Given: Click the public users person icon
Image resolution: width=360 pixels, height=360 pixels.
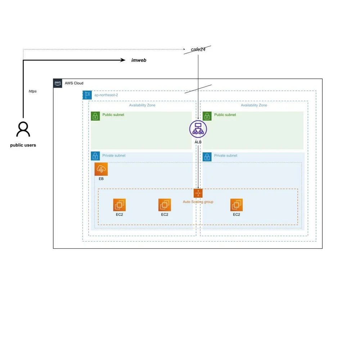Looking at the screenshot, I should [23, 129].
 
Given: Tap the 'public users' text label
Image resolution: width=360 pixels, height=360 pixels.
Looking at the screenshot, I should [23, 145].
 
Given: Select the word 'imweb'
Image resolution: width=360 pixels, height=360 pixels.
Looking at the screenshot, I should [139, 60].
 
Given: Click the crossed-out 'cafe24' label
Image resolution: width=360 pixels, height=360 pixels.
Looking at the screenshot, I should [198, 50].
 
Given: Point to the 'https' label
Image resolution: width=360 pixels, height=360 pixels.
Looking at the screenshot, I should [33, 91].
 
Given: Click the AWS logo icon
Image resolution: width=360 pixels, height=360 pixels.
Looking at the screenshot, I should [58, 83].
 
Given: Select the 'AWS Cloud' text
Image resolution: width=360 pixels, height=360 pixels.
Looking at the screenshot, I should [74, 83].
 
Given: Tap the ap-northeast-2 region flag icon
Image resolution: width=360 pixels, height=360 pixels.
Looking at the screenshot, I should [87, 95].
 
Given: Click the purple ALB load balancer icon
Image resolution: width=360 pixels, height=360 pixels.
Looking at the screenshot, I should [198, 129].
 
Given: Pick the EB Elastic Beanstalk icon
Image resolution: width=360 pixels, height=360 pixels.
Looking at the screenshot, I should [101, 169].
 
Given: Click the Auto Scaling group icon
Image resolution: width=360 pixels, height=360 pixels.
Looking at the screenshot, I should [198, 193].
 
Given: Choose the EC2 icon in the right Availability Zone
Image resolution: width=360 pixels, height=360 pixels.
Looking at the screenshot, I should [237, 205].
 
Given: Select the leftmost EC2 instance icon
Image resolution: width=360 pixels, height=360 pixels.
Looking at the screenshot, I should [119, 205].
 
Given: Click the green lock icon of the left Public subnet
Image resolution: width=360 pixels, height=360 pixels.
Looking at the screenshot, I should [95, 116].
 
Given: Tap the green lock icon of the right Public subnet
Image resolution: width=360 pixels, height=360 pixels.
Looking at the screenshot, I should [207, 116].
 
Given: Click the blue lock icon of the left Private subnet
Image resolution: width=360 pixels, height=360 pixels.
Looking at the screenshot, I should [95, 156].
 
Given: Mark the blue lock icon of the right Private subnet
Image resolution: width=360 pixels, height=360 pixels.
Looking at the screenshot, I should [207, 157].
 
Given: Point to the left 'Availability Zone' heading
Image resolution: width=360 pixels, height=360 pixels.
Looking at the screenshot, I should [142, 105].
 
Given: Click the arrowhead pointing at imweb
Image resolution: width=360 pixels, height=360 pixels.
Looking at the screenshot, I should [123, 60].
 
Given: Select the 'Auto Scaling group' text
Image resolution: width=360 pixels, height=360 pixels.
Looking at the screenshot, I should [198, 202].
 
